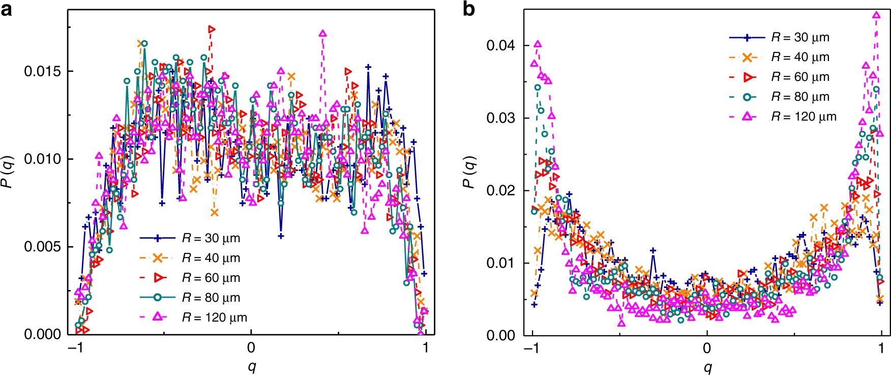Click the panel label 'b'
pyautogui.click(x=468, y=9)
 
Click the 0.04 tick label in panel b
pyautogui.click(x=500, y=45)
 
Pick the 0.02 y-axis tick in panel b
pyautogui.click(x=500, y=190)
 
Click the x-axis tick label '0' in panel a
pyautogui.click(x=251, y=348)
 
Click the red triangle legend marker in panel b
pyautogui.click(x=748, y=77)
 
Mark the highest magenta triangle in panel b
pyautogui.click(x=876, y=15)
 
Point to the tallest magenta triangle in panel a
pyautogui.click(x=322, y=34)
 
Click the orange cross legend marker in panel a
pyautogui.click(x=158, y=258)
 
